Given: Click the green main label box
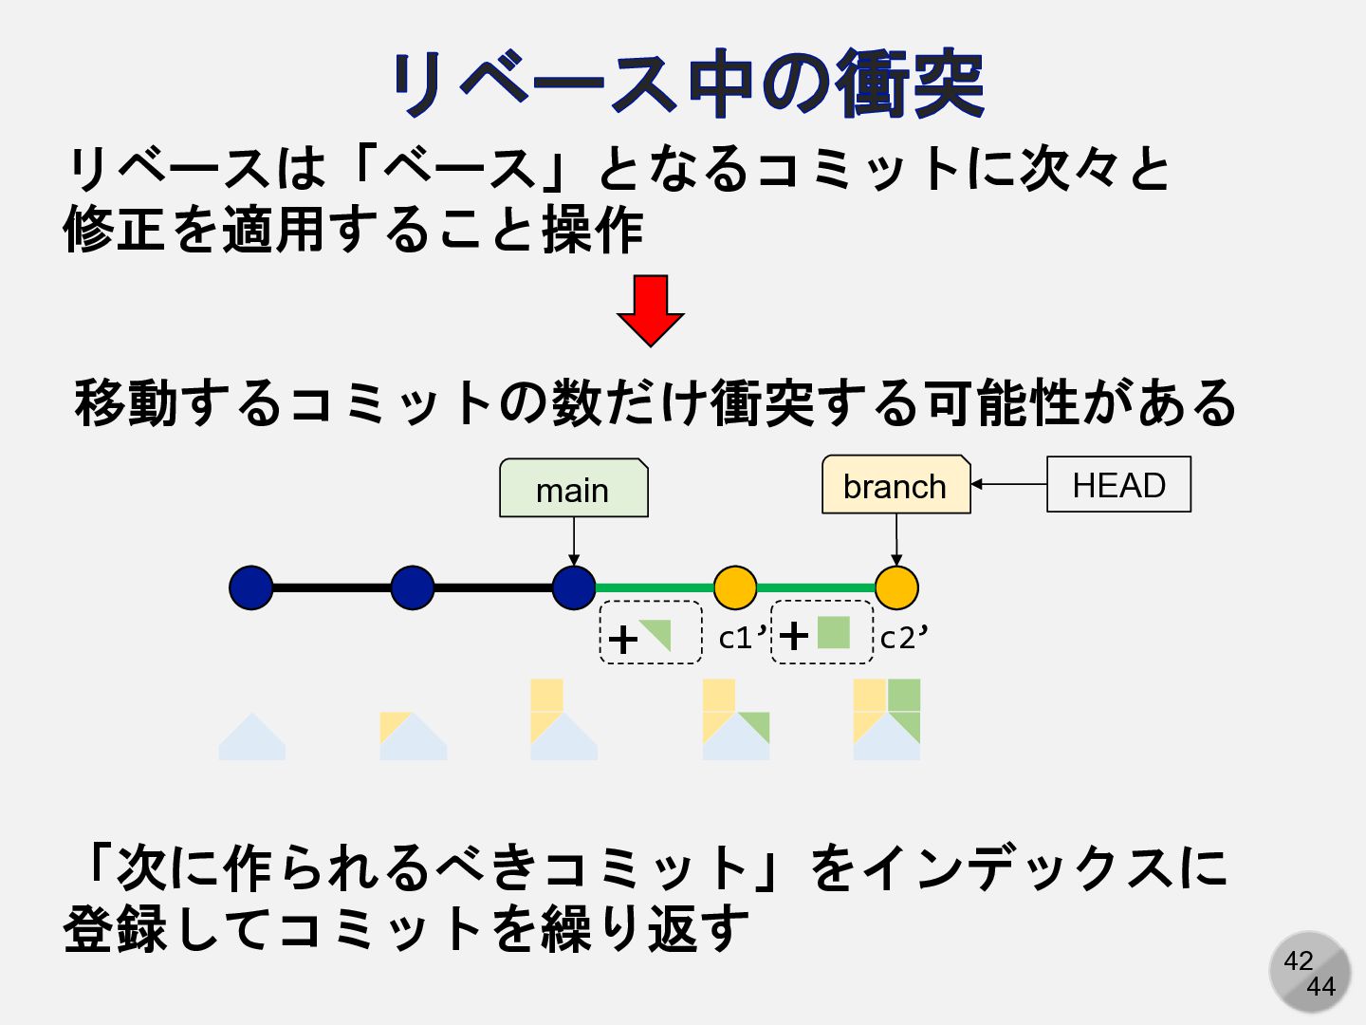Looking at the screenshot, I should click(x=573, y=489).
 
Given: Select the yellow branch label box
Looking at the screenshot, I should click(x=895, y=485).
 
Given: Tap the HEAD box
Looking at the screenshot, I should click(x=1118, y=485).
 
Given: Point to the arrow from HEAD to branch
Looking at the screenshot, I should click(x=1008, y=484).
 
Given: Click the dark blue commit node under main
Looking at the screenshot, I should click(x=574, y=587).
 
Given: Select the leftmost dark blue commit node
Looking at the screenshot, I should click(x=251, y=587).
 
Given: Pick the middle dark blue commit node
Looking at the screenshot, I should click(x=413, y=587).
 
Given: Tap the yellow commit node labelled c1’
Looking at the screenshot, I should click(x=735, y=587).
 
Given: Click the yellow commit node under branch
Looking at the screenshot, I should click(x=896, y=587).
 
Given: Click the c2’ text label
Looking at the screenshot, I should click(x=903, y=638).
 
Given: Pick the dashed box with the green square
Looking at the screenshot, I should click(x=822, y=632).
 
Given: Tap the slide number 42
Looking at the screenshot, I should click(x=1298, y=960).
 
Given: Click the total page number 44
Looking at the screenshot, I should click(x=1320, y=987).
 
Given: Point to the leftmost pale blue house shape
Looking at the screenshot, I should click(x=251, y=737).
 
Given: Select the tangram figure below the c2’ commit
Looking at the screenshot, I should click(x=887, y=719).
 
